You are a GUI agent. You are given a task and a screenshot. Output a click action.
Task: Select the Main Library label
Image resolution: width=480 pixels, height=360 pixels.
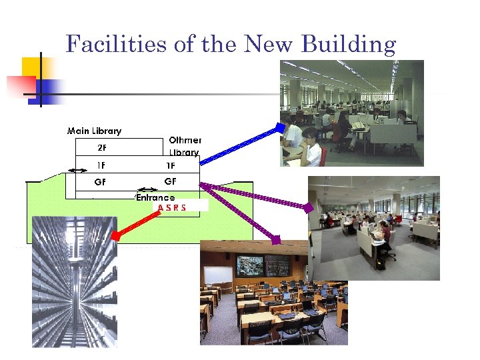point(94,131)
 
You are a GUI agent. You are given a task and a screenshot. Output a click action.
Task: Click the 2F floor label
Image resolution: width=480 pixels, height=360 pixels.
point(103,148)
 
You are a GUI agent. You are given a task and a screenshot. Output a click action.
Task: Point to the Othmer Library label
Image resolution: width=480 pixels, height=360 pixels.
point(184,146)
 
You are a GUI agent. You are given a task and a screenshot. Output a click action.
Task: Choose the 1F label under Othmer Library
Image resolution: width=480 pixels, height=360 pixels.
point(171,165)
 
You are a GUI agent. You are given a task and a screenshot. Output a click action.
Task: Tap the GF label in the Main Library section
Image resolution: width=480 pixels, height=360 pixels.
point(100,182)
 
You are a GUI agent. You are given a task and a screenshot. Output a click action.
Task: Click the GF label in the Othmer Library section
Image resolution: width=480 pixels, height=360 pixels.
point(171,181)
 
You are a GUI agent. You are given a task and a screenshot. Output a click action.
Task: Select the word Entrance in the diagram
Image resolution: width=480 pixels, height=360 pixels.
point(156,197)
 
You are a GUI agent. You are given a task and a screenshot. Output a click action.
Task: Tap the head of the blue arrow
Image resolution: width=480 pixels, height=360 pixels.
point(281,127)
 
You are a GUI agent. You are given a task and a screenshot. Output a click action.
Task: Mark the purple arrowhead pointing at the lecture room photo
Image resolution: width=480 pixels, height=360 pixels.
point(276,239)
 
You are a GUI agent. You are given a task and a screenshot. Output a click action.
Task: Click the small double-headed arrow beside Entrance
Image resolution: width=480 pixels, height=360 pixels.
point(143,189)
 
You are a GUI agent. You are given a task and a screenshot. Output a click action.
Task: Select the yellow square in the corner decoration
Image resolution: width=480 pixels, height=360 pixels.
point(33,67)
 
